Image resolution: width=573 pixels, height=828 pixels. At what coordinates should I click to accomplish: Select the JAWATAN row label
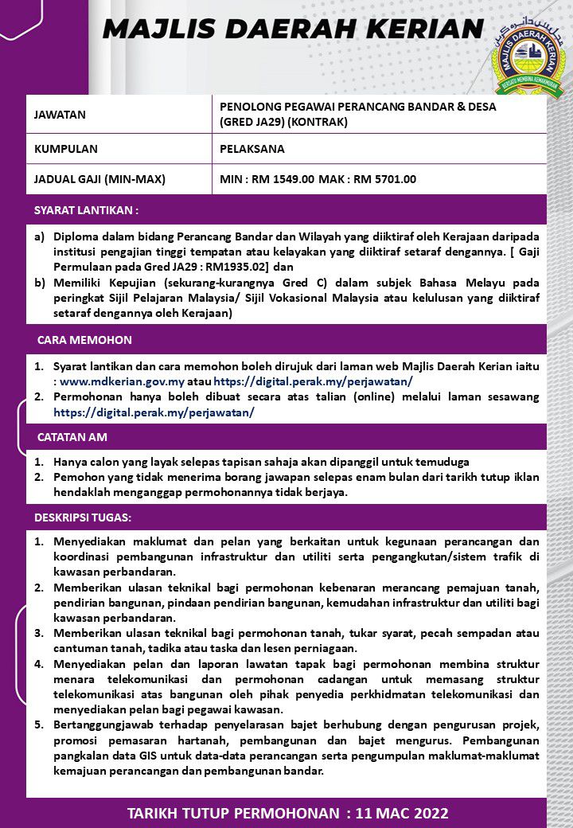click(60, 115)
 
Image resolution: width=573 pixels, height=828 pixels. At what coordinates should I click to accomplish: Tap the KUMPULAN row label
click(66, 149)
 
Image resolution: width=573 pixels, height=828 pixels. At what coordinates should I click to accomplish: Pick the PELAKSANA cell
click(252, 149)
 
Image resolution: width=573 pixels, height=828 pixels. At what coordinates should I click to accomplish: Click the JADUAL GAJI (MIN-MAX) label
click(99, 179)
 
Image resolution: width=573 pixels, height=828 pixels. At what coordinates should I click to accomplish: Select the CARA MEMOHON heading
click(84, 340)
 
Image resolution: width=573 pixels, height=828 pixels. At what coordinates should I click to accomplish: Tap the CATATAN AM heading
click(72, 437)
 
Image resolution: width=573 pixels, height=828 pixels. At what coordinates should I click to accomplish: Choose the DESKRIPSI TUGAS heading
click(83, 517)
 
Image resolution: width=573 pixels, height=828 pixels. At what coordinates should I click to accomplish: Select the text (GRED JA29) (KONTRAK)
click(283, 123)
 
